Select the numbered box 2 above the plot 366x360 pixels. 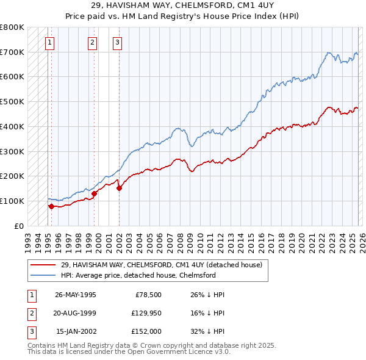point(92,42)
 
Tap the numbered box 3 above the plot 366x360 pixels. point(117,42)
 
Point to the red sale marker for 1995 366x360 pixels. point(51,206)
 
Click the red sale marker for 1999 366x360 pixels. point(95,193)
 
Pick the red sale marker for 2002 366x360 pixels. point(119,188)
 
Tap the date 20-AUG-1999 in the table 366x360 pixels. point(75,313)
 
